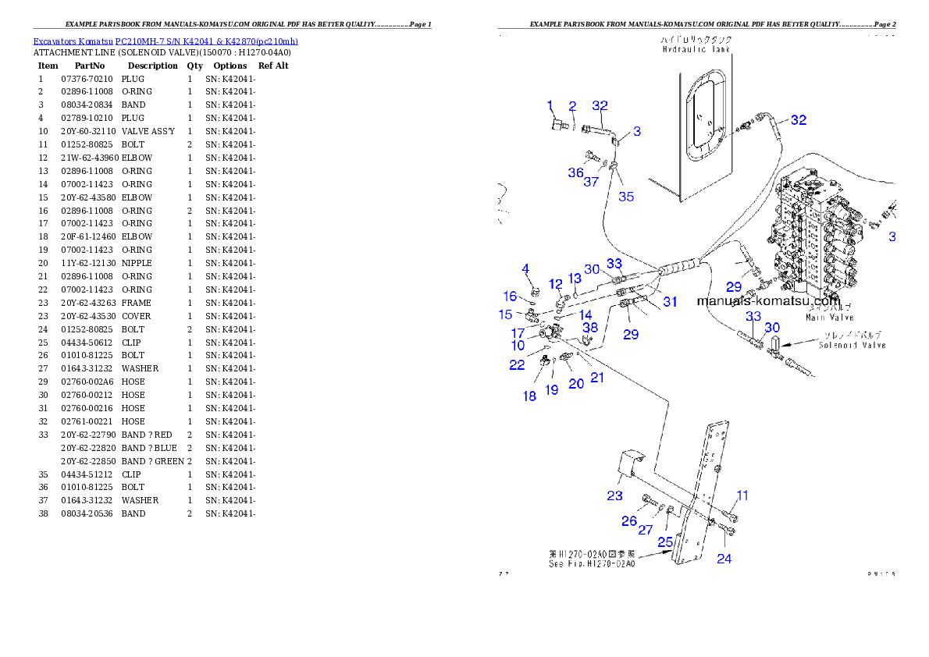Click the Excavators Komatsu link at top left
point(165,41)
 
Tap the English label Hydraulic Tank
point(696,49)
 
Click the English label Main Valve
point(829,318)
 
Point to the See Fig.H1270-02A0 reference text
point(591,563)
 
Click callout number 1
point(550,105)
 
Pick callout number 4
point(526,269)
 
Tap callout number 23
point(614,495)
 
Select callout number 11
point(742,495)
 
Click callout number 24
point(724,559)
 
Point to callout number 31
point(671,303)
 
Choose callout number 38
point(590,328)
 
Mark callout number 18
point(530,396)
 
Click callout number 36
point(575,172)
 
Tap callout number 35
point(626,197)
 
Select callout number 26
point(629,520)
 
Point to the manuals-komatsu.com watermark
point(767,301)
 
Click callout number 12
point(555,283)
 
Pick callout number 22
point(517,365)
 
